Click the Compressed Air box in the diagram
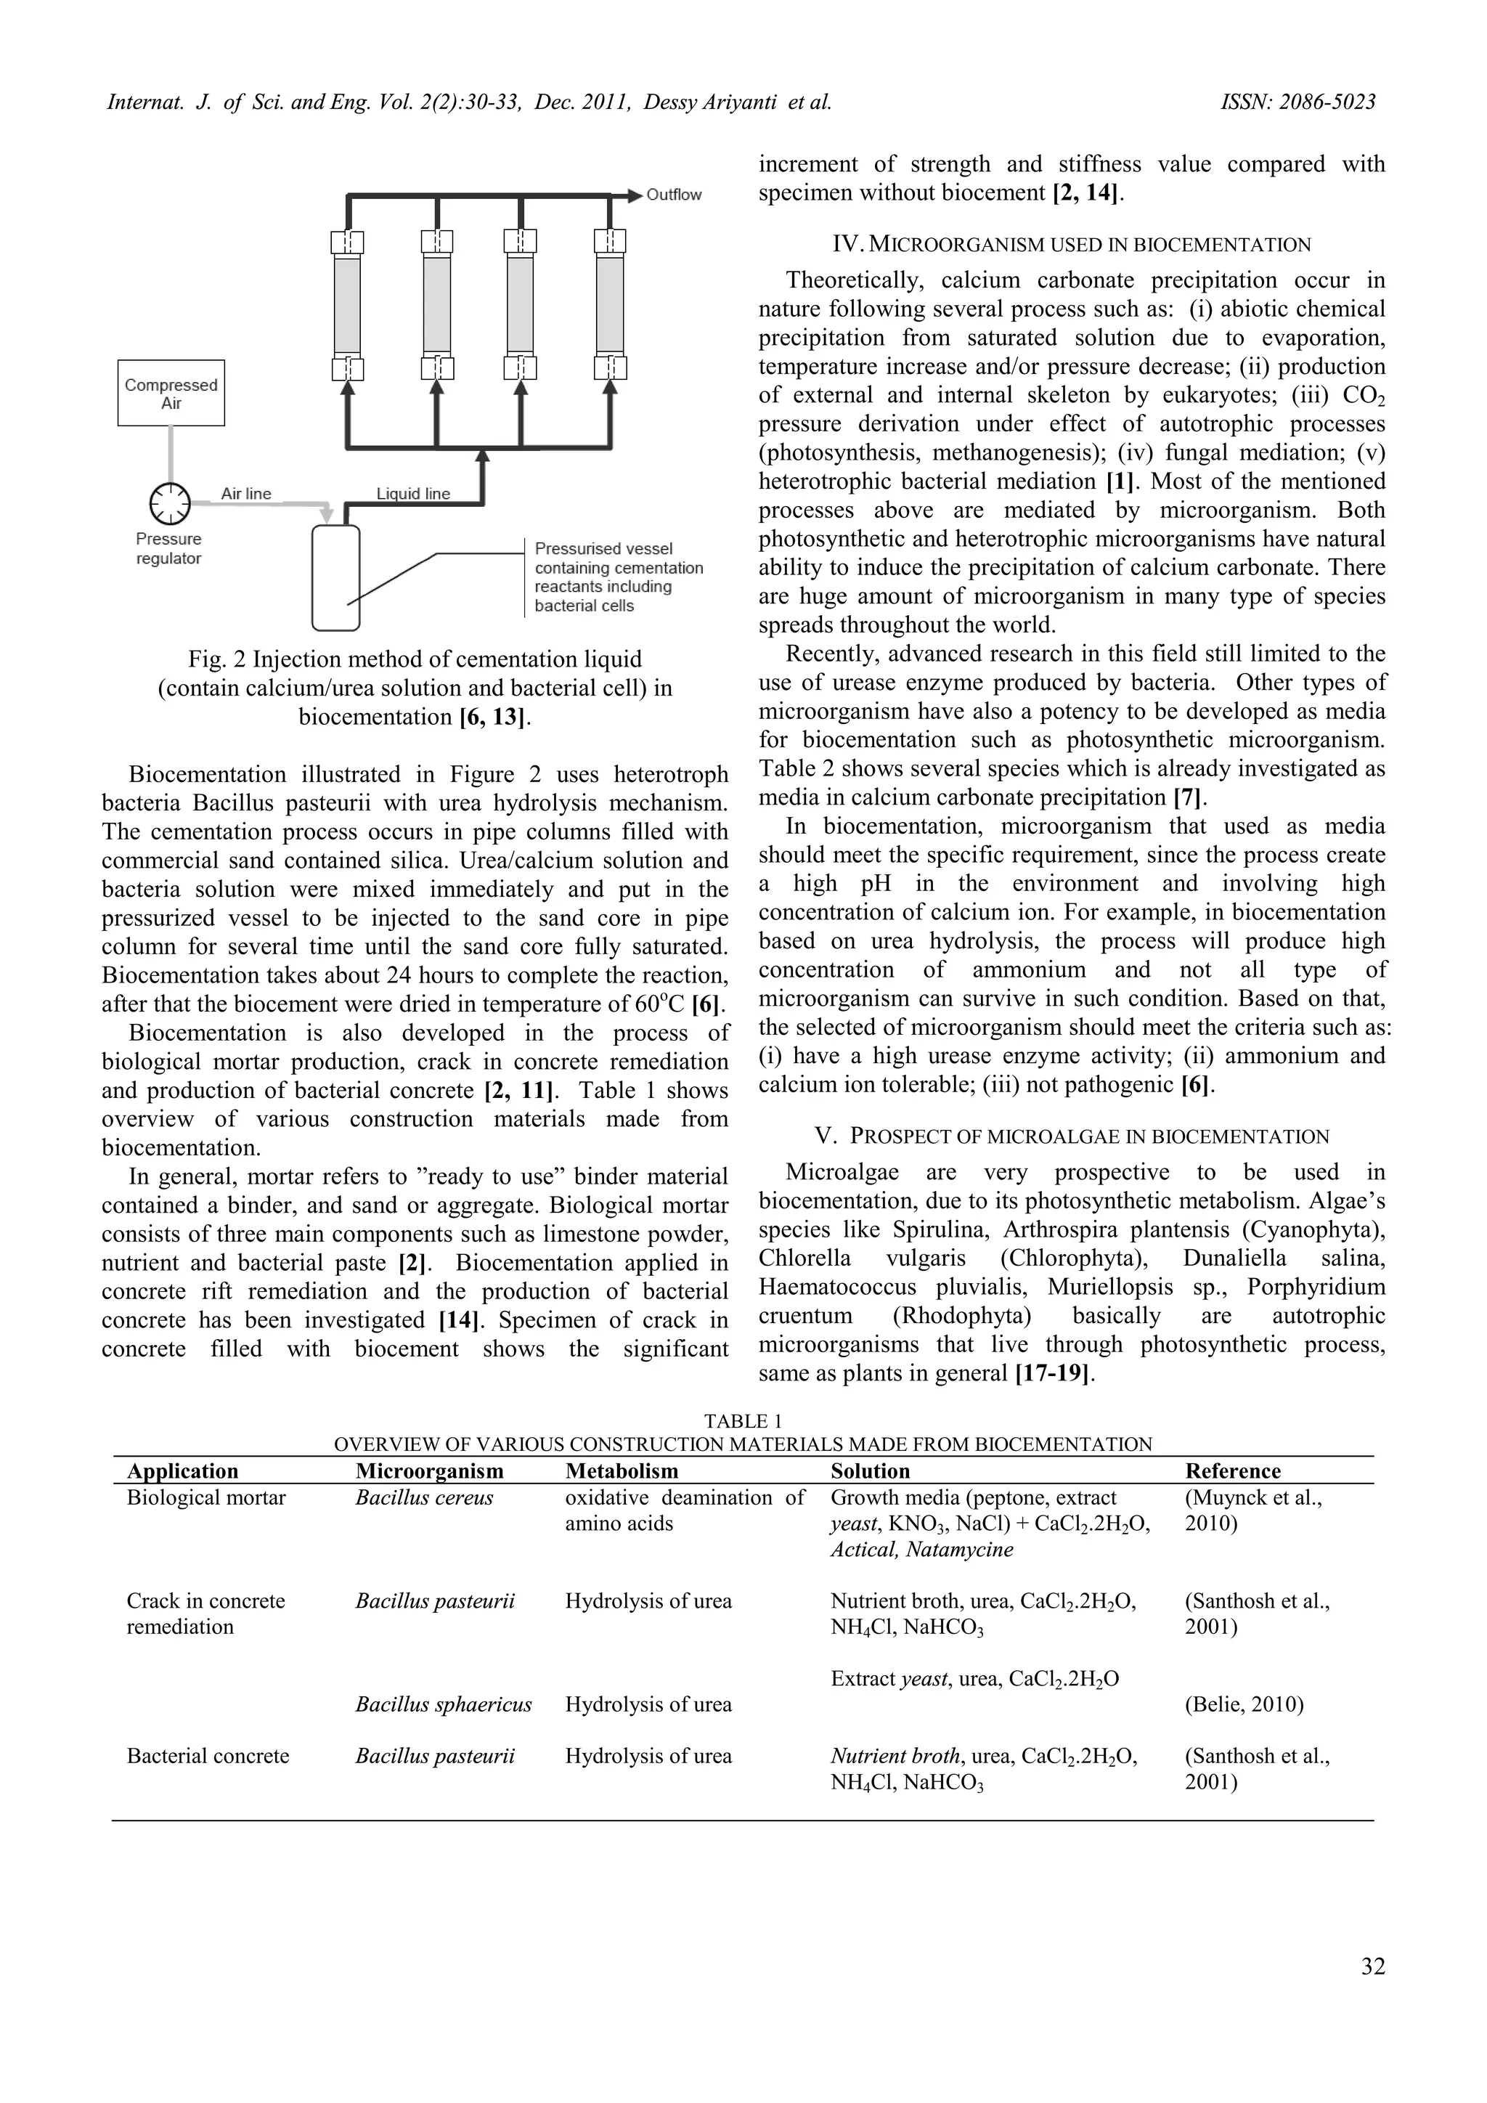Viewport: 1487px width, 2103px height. tap(171, 393)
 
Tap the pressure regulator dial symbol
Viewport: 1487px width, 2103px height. tap(169, 502)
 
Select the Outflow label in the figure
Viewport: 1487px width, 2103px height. tap(673, 194)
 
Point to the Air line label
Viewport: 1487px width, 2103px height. tap(245, 493)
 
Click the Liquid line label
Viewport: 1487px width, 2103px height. tap(413, 493)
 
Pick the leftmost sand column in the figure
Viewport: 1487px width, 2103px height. tap(347, 305)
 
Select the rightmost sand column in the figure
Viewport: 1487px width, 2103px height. tap(610, 305)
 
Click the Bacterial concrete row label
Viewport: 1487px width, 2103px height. tap(208, 1756)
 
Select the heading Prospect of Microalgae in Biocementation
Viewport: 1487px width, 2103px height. tap(1071, 1136)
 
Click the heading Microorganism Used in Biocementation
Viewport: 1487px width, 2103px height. tap(1071, 245)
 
